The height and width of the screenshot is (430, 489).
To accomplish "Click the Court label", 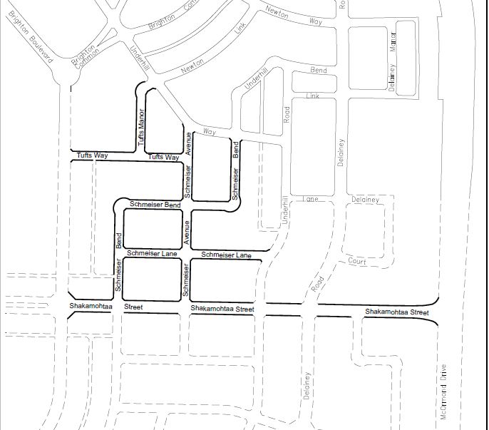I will pos(356,262).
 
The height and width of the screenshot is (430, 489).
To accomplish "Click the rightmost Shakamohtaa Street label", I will pos(396,312).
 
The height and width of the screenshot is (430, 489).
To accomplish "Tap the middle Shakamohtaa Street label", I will pos(222,309).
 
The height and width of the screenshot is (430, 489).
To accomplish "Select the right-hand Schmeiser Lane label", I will pos(226,255).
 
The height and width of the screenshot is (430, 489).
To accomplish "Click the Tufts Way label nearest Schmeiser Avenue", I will pos(163,157).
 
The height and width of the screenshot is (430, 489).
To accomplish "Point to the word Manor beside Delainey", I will pos(392,42).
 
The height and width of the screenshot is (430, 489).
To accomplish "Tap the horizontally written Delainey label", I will pos(366,200).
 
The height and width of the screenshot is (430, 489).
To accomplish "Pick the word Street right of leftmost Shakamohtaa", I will pos(133,307).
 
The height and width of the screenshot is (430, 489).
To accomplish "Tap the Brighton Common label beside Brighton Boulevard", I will pos(83,58).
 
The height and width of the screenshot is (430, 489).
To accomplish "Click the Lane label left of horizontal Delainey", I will pos(309,198).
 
